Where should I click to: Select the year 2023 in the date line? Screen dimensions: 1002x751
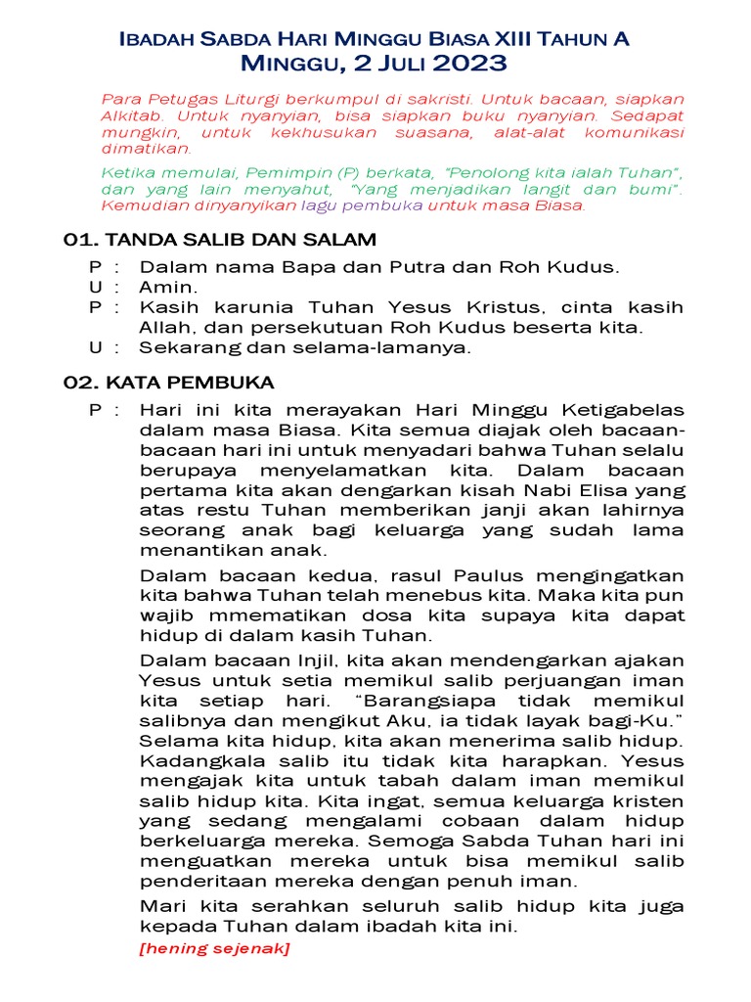pos(470,65)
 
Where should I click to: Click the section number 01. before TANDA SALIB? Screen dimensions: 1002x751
pos(78,240)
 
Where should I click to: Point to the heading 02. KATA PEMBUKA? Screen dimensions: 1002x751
pos(168,382)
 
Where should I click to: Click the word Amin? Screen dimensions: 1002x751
pos(169,287)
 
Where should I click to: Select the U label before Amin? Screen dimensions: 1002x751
pos(94,287)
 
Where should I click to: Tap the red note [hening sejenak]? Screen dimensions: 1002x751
pos(215,948)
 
